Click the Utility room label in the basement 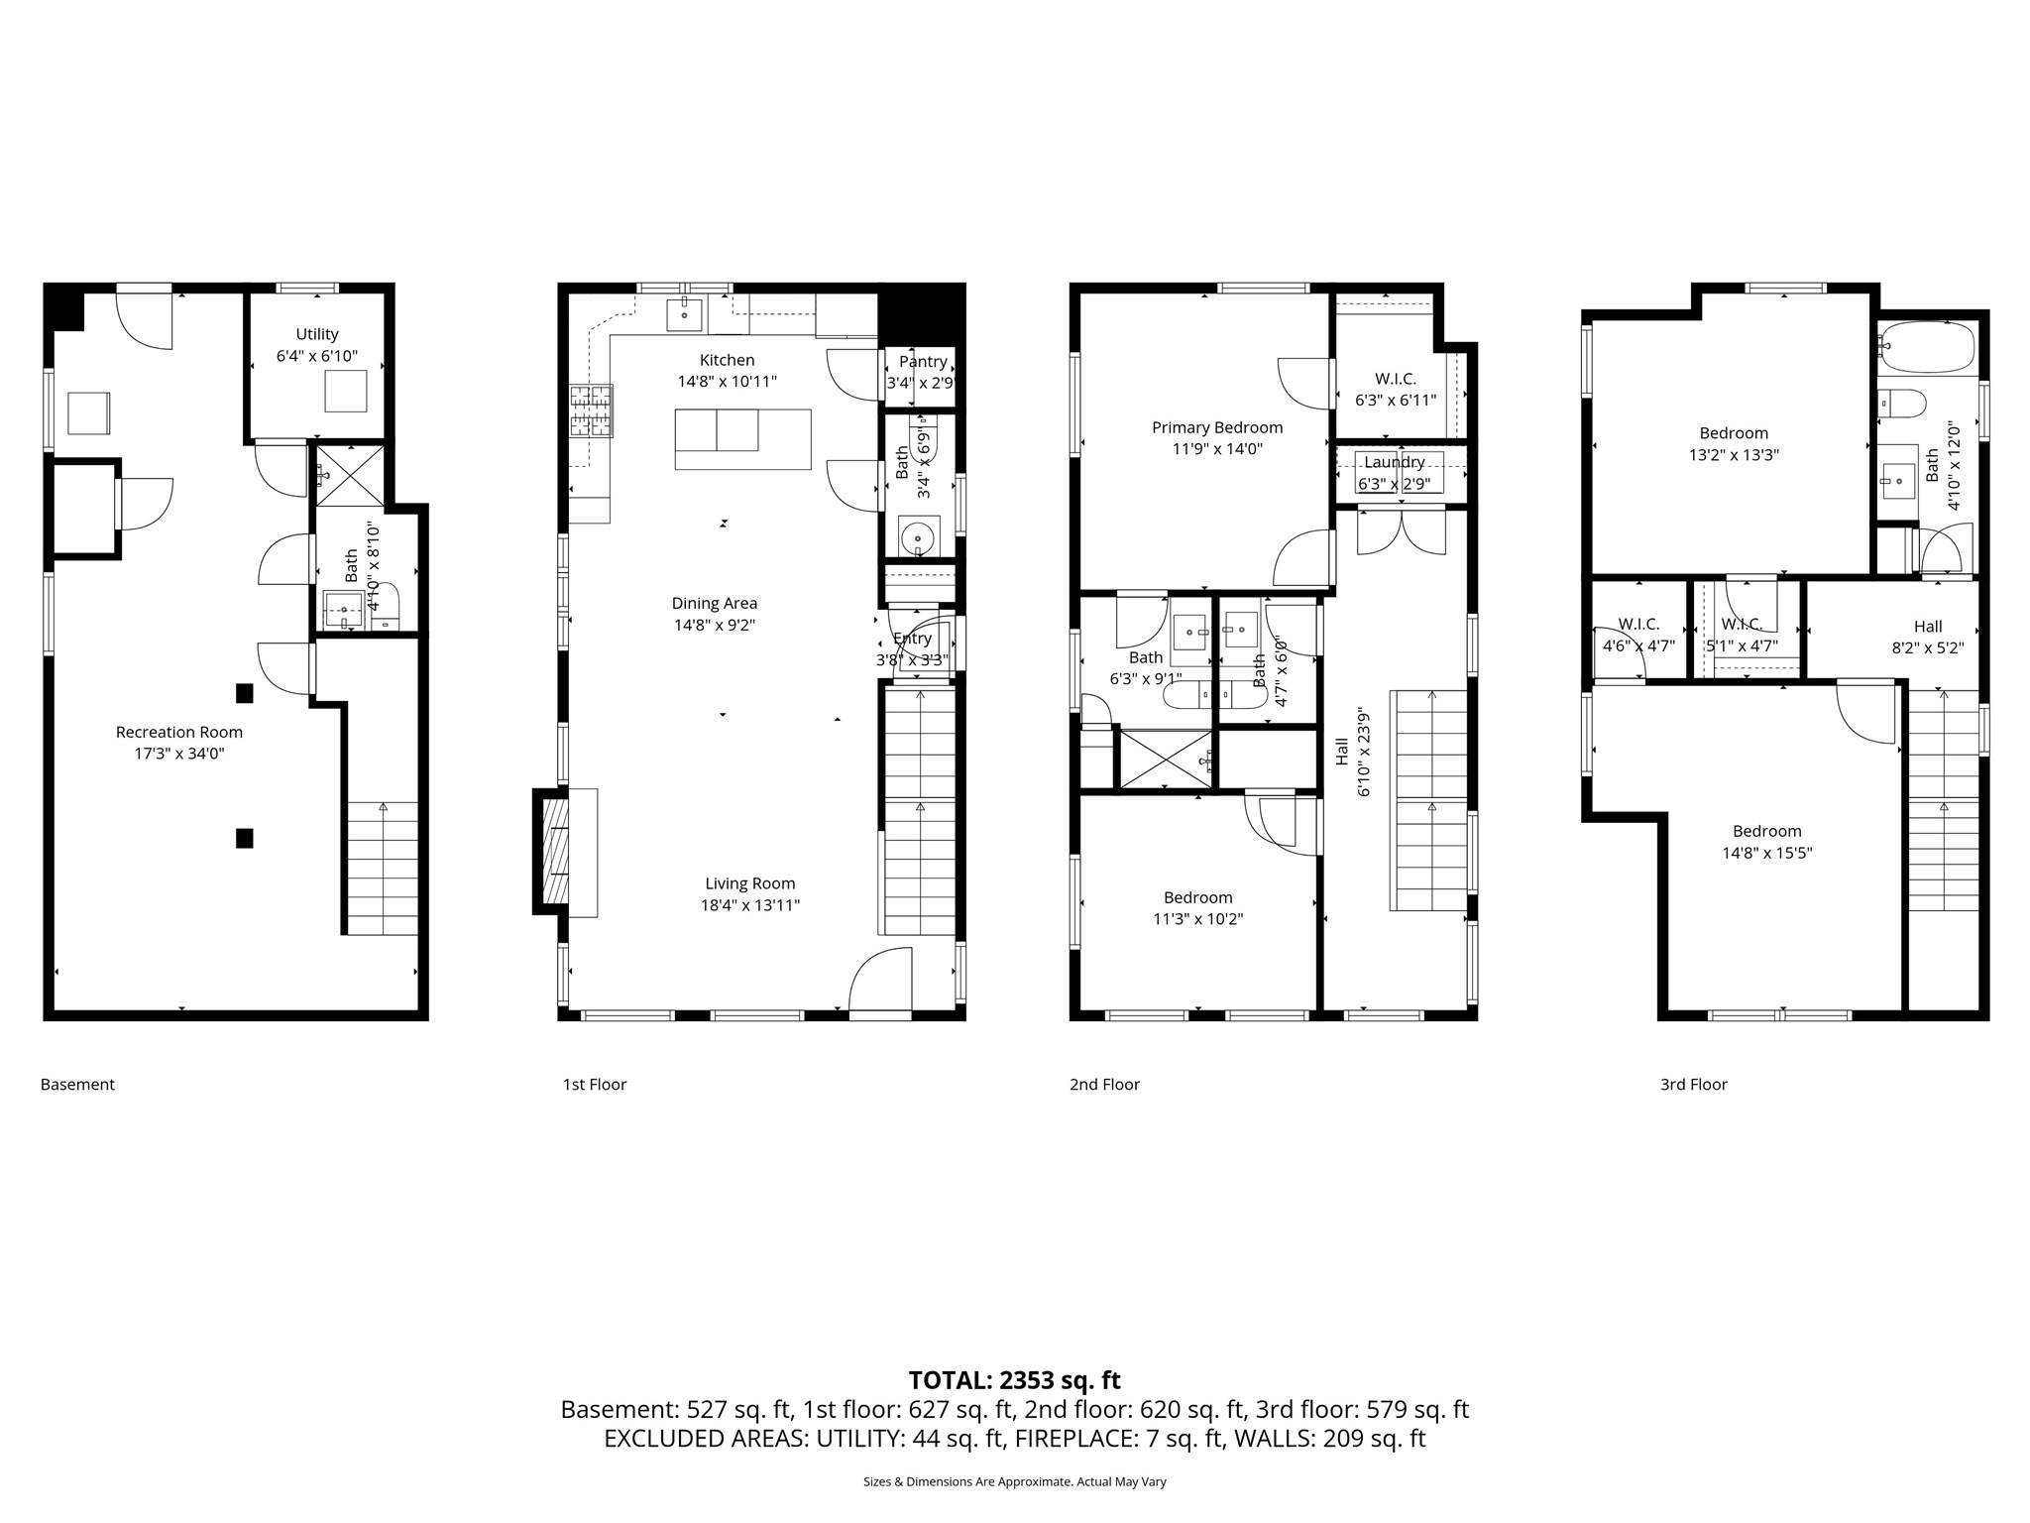317,335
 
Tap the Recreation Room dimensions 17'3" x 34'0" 179,754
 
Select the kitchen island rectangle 742,438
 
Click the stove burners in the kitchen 591,410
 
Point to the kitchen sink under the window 684,313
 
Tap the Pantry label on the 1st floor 923,362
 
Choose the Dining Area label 714,603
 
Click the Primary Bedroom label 1217,427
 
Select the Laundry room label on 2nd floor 1394,462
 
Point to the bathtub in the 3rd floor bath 1927,347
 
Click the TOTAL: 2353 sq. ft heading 1014,1380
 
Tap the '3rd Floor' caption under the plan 1693,1085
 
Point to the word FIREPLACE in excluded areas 1071,1439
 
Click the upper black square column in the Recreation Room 244,693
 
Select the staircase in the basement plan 382,868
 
